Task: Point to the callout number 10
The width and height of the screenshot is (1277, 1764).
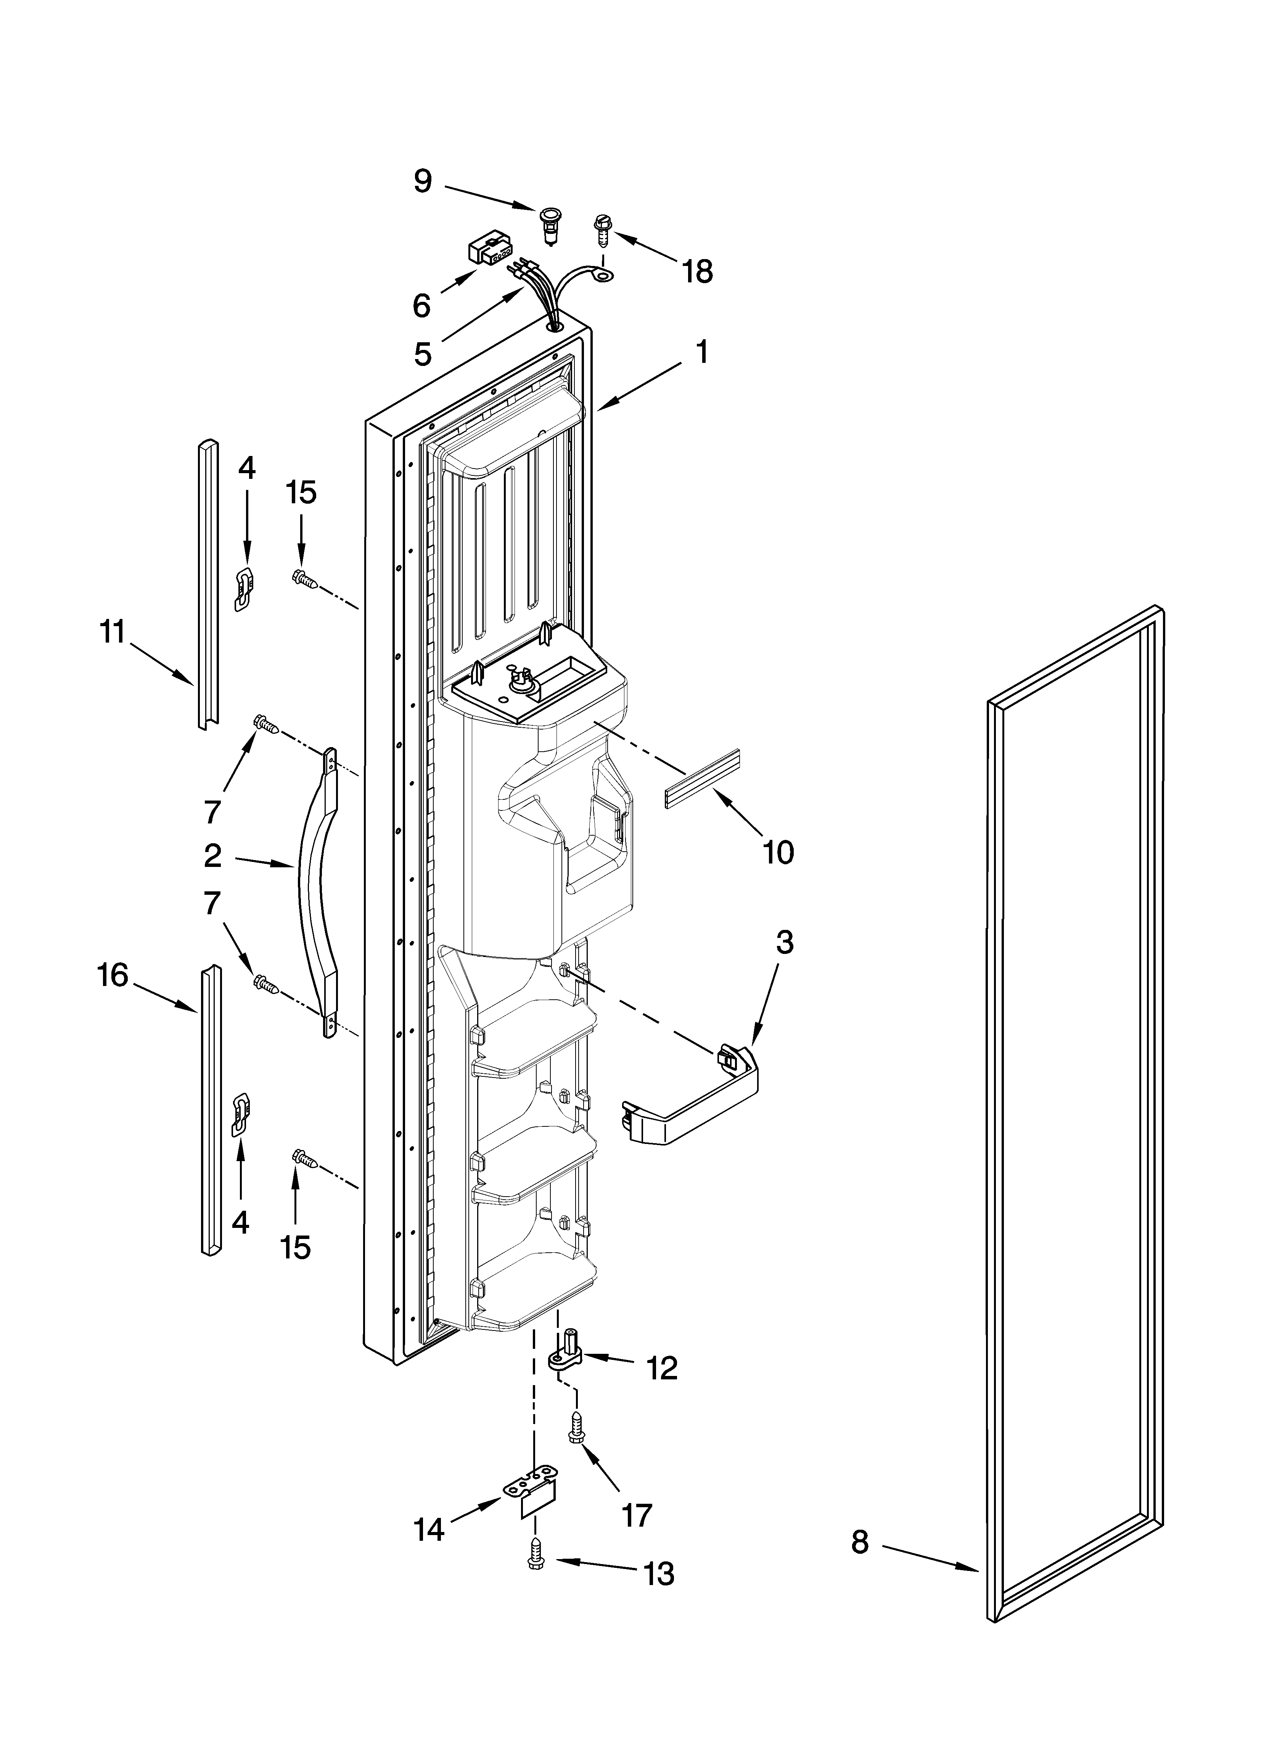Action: pyautogui.click(x=778, y=852)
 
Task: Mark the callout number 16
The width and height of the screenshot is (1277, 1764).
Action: pyautogui.click(x=113, y=975)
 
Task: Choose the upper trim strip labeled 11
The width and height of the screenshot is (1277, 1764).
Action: pyautogui.click(x=207, y=583)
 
